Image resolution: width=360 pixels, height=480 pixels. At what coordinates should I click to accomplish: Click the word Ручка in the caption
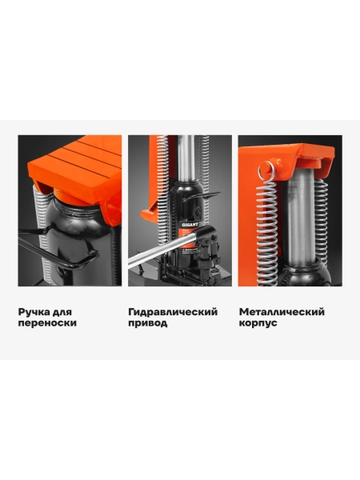pyautogui.click(x=33, y=312)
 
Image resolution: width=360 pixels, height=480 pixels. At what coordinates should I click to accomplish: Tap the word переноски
pyautogui.click(x=47, y=323)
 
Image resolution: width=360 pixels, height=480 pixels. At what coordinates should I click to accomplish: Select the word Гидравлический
pyautogui.click(x=173, y=312)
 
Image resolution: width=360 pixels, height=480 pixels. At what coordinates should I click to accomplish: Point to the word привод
pyautogui.click(x=147, y=323)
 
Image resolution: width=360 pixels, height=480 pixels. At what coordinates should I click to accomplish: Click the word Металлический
pyautogui.click(x=282, y=312)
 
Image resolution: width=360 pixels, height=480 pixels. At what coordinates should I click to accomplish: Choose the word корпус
pyautogui.click(x=258, y=323)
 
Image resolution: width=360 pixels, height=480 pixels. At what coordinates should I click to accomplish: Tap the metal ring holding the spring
pyautogui.click(x=266, y=171)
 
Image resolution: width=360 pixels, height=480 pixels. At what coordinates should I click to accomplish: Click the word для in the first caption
pyautogui.click(x=62, y=312)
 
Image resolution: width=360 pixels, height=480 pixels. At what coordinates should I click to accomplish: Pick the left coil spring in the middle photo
pyautogui.click(x=162, y=190)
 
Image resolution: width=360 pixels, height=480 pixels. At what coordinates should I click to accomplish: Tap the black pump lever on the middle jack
pyautogui.click(x=201, y=197)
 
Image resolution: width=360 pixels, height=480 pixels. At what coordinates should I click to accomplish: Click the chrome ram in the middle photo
pyautogui.click(x=186, y=158)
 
